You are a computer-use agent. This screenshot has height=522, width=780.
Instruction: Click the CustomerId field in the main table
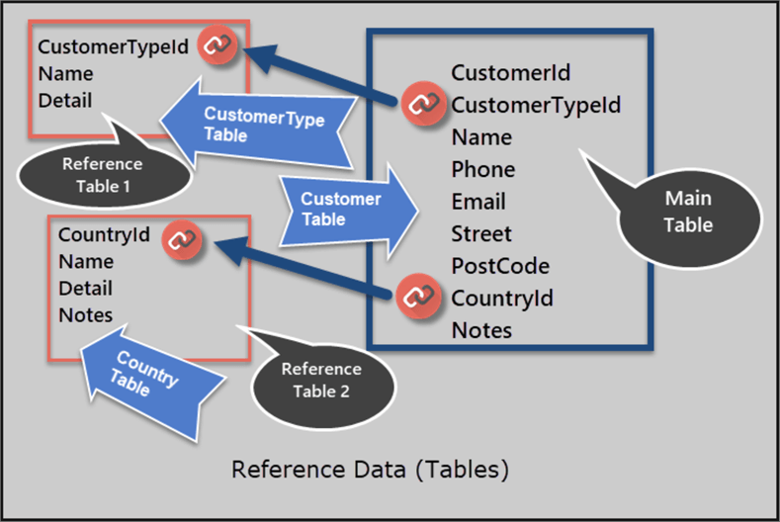pyautogui.click(x=510, y=72)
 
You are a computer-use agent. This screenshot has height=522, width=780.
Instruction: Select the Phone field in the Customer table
pyautogui.click(x=482, y=169)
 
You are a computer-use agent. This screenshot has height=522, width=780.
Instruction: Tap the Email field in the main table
pyautogui.click(x=478, y=202)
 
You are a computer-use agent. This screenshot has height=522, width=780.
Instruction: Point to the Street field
pyautogui.click(x=481, y=234)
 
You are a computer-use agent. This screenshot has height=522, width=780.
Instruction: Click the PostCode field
pyautogui.click(x=500, y=266)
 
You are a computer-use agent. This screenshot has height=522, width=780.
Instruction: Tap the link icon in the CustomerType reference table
pyautogui.click(x=217, y=45)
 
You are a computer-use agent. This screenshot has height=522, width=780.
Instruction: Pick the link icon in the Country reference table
pyautogui.click(x=180, y=239)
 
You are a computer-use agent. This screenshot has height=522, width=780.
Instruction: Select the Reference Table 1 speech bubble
pyautogui.click(x=101, y=175)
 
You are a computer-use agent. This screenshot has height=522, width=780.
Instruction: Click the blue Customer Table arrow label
pyautogui.click(x=341, y=210)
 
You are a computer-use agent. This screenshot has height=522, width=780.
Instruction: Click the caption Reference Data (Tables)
pyautogui.click(x=371, y=468)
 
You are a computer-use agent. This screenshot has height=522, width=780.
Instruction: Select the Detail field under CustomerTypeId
pyautogui.click(x=64, y=100)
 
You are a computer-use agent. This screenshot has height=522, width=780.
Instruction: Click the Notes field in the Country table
pyautogui.click(x=85, y=315)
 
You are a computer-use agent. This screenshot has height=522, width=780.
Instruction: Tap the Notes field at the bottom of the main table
pyautogui.click(x=481, y=330)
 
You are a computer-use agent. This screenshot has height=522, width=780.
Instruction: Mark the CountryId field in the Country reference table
pyautogui.click(x=104, y=234)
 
